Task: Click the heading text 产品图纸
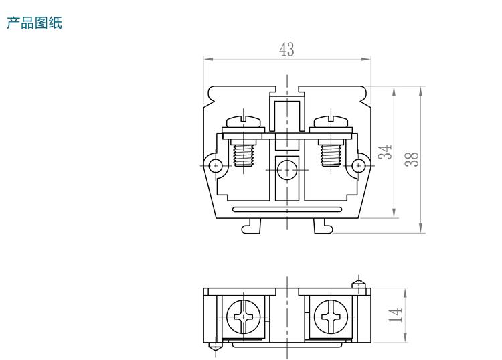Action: click(34, 23)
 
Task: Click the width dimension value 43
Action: click(286, 50)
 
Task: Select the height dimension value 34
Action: click(384, 152)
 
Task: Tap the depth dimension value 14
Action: click(396, 314)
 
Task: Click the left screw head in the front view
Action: click(244, 122)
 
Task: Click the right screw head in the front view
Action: click(331, 122)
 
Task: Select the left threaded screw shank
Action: click(244, 156)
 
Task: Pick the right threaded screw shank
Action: click(331, 156)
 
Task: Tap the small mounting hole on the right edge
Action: click(359, 165)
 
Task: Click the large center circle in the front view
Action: click(287, 170)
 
